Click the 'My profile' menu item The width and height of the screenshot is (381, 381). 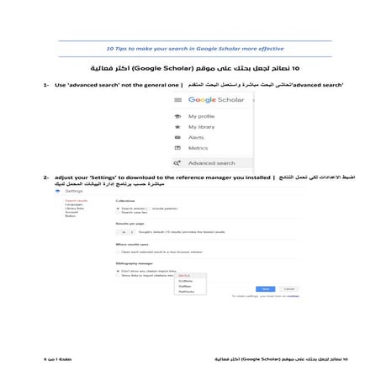[203, 116]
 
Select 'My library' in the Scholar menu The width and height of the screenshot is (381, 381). [203, 126]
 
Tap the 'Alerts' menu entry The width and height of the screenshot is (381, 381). [196, 137]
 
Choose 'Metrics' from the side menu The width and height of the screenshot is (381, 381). [198, 147]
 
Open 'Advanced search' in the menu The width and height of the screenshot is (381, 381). [211, 162]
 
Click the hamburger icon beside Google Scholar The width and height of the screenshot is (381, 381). [178, 100]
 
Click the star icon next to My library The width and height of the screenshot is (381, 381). [178, 126]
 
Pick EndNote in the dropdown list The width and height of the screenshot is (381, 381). [208, 281]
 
